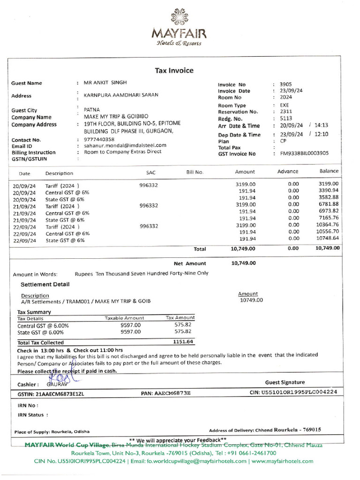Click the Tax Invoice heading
pos(174,70)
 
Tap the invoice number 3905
pos(285,84)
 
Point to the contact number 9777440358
pos(99,139)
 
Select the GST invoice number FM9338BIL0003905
pos(304,153)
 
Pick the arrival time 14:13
pos(322,125)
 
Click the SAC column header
pos(150,172)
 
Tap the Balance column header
pos(329,171)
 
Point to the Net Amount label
pos(189,263)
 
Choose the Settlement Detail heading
pos(45,284)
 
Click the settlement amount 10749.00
pos(251,300)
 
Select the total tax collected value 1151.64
pos(183,342)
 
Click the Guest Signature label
pos(285,382)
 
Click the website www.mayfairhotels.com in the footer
pos(282,461)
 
